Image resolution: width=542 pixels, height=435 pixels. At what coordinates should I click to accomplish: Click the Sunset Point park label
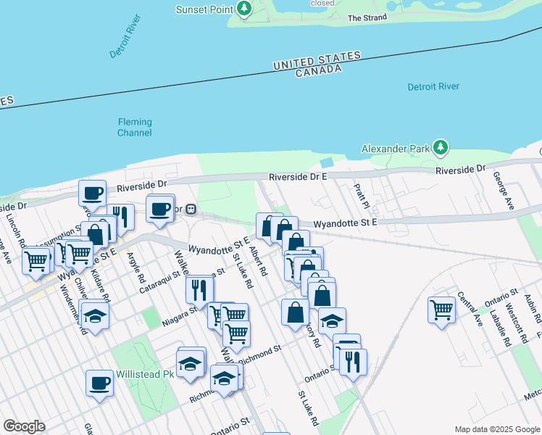[x=206, y=9]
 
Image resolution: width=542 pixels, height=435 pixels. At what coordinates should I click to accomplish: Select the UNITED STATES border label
[x=317, y=60]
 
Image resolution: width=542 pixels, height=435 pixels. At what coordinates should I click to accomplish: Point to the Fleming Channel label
[x=135, y=128]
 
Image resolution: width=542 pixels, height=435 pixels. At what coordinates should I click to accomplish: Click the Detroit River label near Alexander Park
[x=433, y=87]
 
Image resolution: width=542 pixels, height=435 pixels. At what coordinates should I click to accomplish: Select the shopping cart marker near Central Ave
[x=441, y=309]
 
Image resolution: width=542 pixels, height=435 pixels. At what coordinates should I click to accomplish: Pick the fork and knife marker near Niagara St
[x=199, y=289]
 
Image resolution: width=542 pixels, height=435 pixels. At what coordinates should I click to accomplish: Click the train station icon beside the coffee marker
[x=191, y=210]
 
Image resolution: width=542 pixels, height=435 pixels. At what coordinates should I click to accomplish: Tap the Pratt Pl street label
[x=362, y=194]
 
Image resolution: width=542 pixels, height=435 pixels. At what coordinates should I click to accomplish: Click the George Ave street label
[x=504, y=191]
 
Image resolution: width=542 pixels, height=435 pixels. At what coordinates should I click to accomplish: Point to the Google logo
[x=24, y=426]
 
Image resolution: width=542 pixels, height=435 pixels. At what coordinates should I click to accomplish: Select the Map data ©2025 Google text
[x=496, y=429]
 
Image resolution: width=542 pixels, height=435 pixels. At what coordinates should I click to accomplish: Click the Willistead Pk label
[x=145, y=375]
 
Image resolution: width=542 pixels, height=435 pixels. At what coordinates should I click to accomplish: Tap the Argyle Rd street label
[x=135, y=268]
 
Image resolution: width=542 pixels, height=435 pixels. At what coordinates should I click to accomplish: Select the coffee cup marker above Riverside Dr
[x=92, y=192]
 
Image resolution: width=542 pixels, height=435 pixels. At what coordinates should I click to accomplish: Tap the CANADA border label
[x=318, y=70]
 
